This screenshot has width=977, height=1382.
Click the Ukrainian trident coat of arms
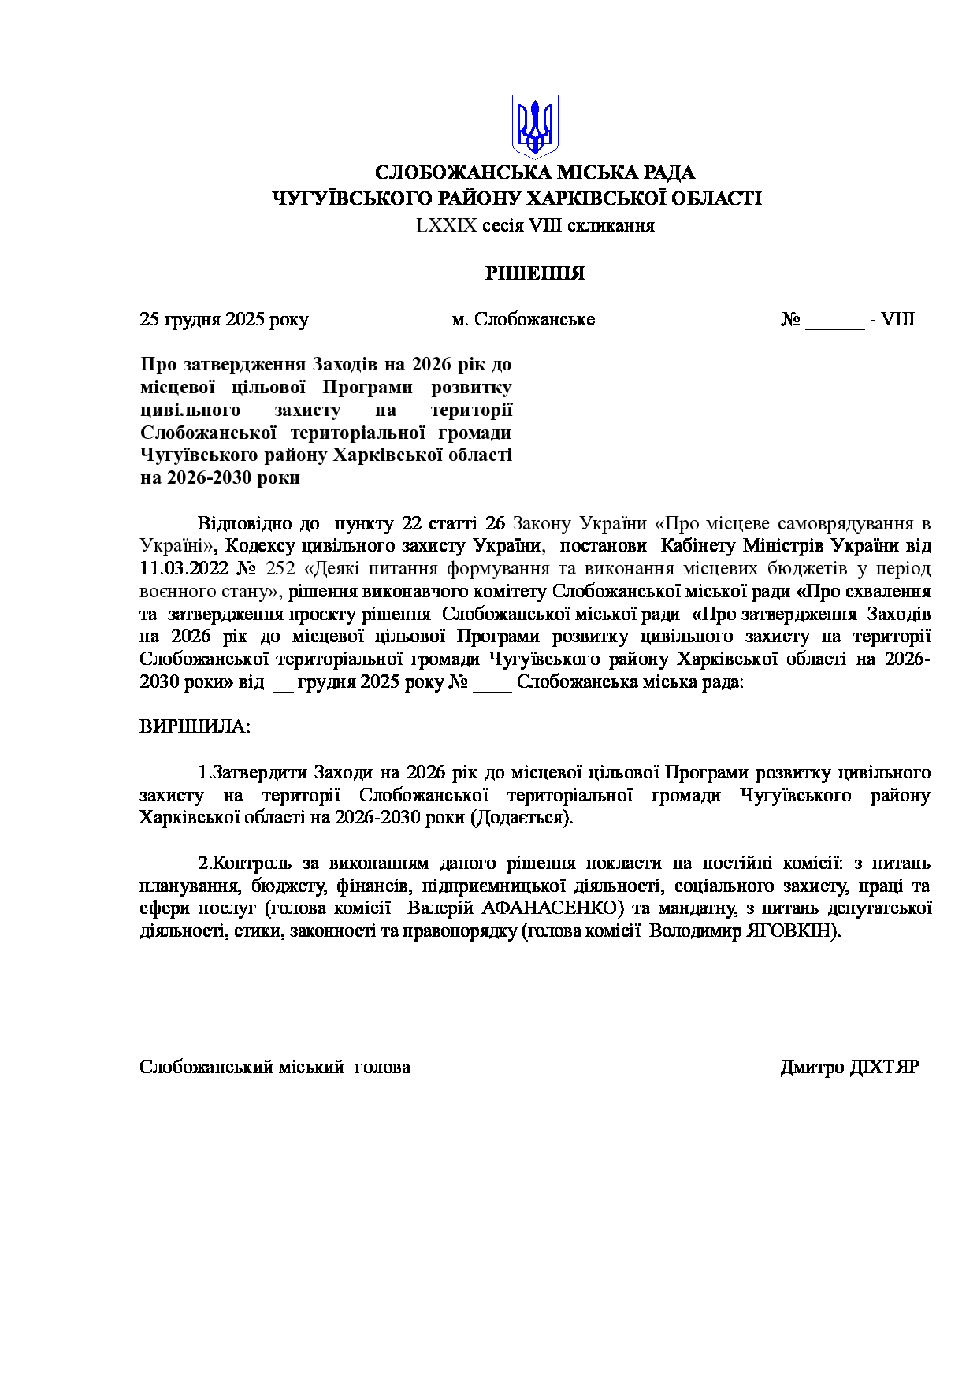click(535, 126)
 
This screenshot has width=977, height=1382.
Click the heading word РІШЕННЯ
click(535, 273)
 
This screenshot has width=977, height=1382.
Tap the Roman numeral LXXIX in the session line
click(447, 225)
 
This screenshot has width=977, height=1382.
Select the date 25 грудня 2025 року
click(224, 319)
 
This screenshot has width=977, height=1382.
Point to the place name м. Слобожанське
click(523, 319)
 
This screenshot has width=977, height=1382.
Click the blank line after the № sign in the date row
click(834, 321)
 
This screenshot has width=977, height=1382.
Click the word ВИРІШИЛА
click(195, 726)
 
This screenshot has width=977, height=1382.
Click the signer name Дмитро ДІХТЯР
click(849, 1067)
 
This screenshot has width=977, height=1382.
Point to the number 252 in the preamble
click(280, 568)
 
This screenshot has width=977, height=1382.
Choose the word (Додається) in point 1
click(522, 817)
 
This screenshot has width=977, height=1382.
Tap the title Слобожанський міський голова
click(275, 1067)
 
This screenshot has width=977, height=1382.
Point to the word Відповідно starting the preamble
click(243, 523)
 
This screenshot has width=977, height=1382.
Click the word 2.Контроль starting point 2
click(244, 863)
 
